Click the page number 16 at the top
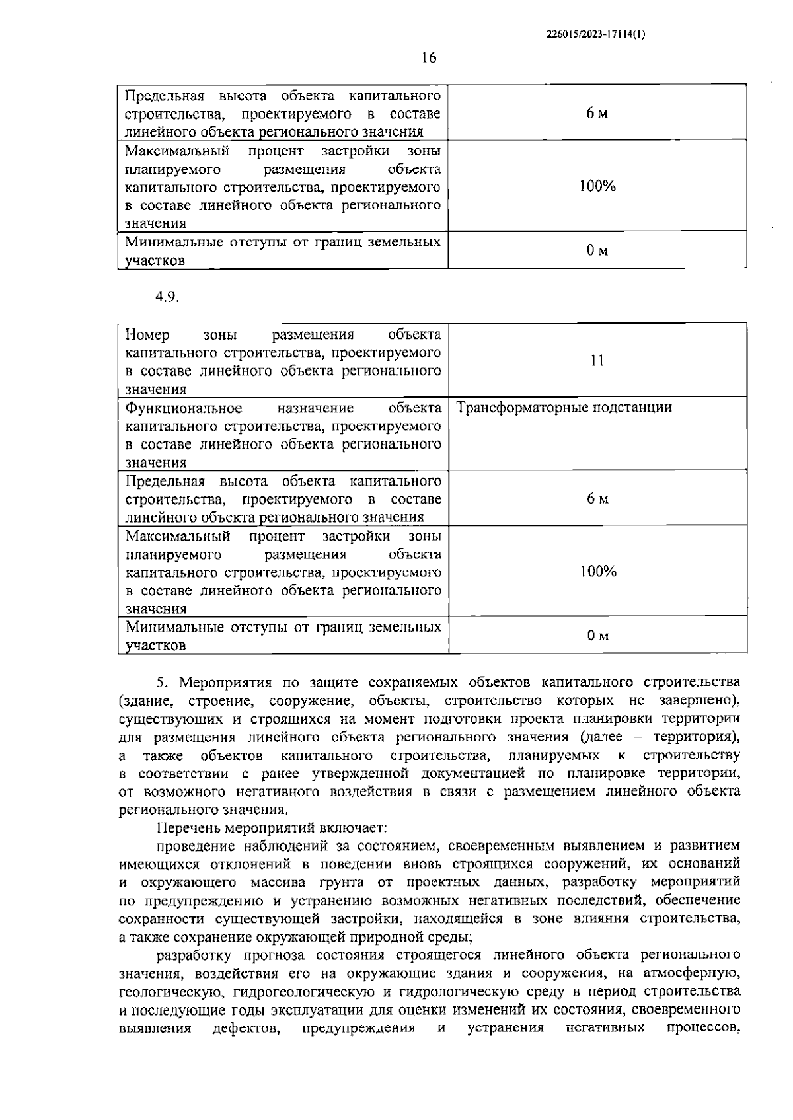point(429,58)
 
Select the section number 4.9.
point(167,297)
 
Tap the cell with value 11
point(597,361)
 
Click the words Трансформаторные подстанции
point(564,407)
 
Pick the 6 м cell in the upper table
point(597,113)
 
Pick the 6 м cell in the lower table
point(597,498)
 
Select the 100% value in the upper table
point(597,186)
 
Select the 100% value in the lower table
point(598,572)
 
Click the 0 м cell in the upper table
point(597,250)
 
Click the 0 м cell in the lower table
point(597,636)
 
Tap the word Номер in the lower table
point(147,334)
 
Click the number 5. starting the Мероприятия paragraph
point(164,682)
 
